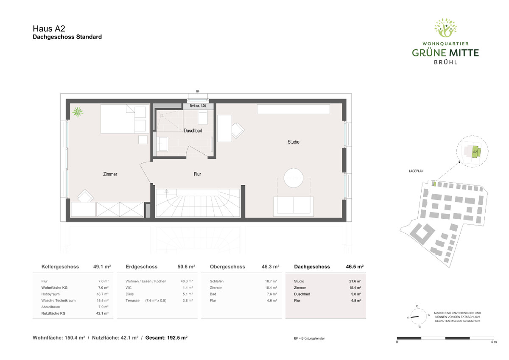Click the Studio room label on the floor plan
tap(294, 142)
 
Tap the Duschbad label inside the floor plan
tap(193, 131)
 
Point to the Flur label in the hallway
tap(197, 174)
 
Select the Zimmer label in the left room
tap(110, 174)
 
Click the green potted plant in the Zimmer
tap(78, 112)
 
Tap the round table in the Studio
tap(294, 178)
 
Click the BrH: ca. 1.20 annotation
tap(198, 106)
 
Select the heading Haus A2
tap(49, 28)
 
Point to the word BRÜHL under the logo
tap(445, 62)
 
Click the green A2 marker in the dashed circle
tap(475, 152)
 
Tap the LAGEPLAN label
tap(416, 171)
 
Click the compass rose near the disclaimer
tap(417, 317)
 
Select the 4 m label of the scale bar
tap(494, 342)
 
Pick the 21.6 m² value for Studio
tap(355, 281)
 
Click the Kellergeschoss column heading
tap(60, 267)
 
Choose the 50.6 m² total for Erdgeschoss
tap(186, 267)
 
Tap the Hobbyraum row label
tap(50, 294)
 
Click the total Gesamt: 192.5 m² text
tap(166, 338)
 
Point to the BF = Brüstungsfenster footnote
tap(309, 338)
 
